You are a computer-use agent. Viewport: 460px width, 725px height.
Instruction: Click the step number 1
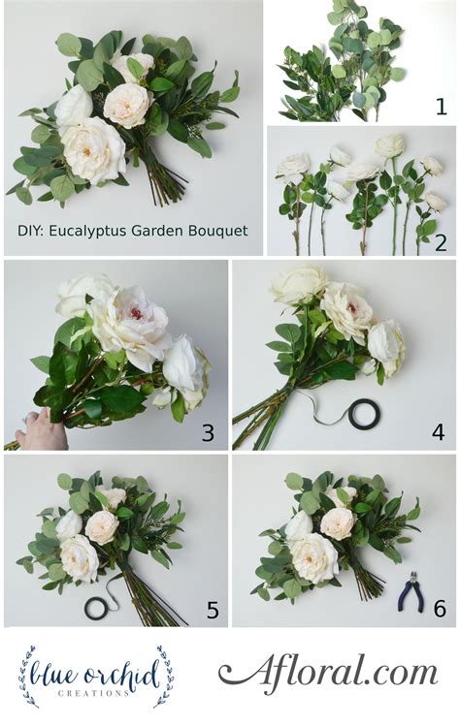(441, 107)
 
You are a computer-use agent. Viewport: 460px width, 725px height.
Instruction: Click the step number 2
(441, 242)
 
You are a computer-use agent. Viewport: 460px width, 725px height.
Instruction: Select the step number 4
(438, 432)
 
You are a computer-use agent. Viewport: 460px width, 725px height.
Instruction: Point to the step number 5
(212, 611)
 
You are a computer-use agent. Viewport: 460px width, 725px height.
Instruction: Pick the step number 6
(439, 609)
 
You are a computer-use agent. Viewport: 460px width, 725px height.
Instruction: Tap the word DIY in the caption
(30, 231)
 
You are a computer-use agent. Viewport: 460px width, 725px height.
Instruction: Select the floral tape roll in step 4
(364, 414)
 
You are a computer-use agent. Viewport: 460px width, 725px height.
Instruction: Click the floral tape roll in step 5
(98, 608)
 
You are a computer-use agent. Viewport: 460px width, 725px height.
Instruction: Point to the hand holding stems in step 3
(40, 428)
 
